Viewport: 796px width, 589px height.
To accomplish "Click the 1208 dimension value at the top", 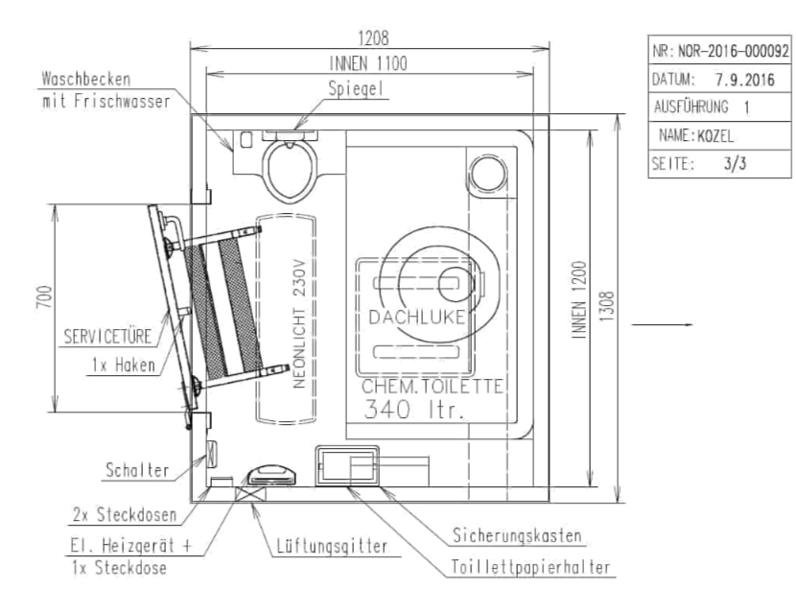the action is pyautogui.click(x=373, y=38).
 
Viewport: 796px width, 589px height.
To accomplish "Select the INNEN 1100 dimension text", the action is pyautogui.click(x=368, y=63).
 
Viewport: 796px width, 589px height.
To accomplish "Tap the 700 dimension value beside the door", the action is pyautogui.click(x=45, y=296).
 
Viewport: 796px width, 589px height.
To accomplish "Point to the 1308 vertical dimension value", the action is pyautogui.click(x=607, y=306).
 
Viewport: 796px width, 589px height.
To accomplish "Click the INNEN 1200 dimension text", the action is pyautogui.click(x=578, y=299).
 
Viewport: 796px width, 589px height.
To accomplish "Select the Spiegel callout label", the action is pyautogui.click(x=356, y=89).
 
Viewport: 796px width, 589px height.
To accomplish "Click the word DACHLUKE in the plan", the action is pyautogui.click(x=417, y=318).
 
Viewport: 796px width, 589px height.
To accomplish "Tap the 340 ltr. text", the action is pyautogui.click(x=414, y=410).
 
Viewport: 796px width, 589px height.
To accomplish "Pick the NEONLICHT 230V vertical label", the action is pyautogui.click(x=299, y=324).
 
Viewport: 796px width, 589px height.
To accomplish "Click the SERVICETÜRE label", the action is pyautogui.click(x=107, y=337).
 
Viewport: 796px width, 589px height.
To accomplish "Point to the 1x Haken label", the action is pyautogui.click(x=124, y=365).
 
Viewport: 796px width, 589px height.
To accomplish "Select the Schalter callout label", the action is pyautogui.click(x=137, y=470).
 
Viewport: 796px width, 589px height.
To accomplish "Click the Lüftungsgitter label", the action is pyautogui.click(x=332, y=547).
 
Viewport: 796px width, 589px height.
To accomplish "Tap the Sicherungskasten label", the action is pyautogui.click(x=517, y=535).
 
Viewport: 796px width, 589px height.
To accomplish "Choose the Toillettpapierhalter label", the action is pyautogui.click(x=530, y=567).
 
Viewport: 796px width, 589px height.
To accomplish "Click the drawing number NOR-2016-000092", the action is pyautogui.click(x=734, y=51).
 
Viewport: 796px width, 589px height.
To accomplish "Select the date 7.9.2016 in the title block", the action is pyautogui.click(x=745, y=80).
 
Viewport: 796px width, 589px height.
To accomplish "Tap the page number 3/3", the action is pyautogui.click(x=735, y=163).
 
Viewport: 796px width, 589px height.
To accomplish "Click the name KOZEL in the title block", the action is pyautogui.click(x=715, y=136).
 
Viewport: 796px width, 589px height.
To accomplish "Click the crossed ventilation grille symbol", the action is pyautogui.click(x=250, y=493).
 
